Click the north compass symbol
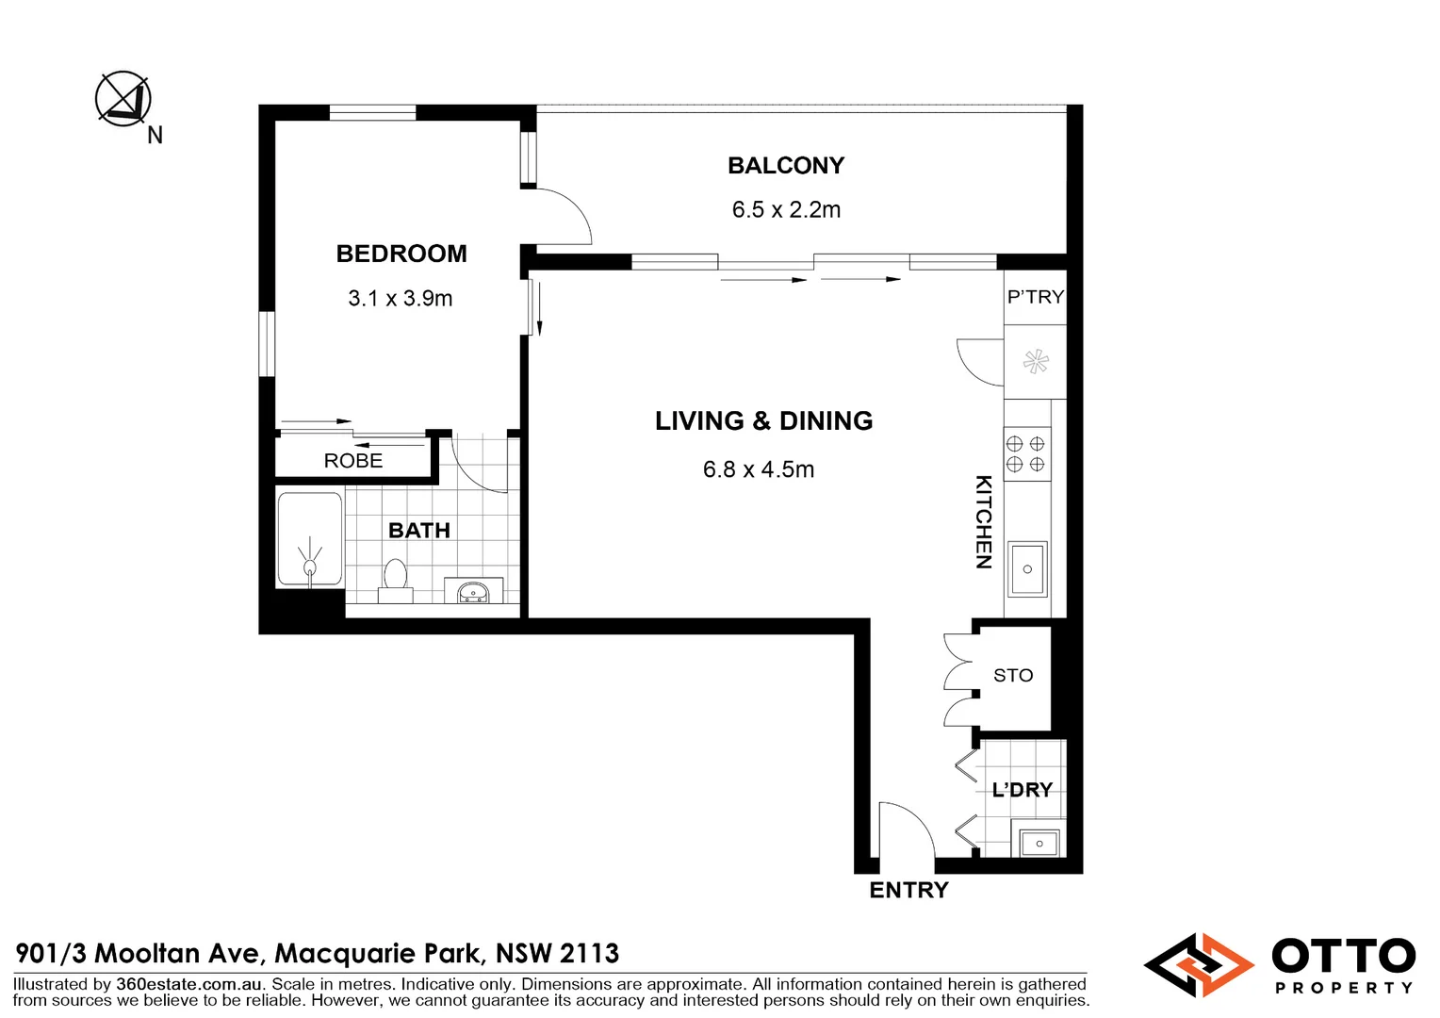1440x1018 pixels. tap(123, 99)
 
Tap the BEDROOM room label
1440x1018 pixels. tap(401, 254)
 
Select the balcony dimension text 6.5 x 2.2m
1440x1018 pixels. tap(786, 209)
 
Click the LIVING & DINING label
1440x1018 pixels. tap(763, 420)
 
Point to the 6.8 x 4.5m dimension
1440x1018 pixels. tap(759, 469)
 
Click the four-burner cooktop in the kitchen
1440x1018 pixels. tap(1025, 454)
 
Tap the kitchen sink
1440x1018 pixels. tap(1027, 568)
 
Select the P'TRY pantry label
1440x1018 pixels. tap(1035, 297)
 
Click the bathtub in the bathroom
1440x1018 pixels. tap(309, 539)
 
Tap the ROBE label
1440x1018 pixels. tap(353, 461)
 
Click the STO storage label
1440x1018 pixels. tap(1013, 676)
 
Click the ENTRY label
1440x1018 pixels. tap(908, 890)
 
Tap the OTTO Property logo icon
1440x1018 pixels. tap(1198, 964)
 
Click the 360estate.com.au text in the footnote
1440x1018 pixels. tap(188, 984)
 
